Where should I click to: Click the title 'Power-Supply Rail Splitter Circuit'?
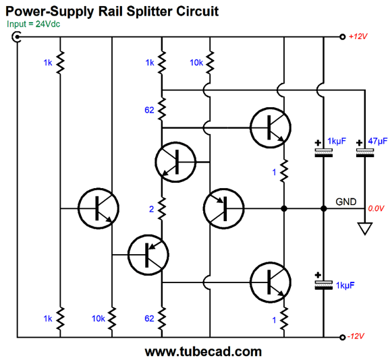click(x=112, y=11)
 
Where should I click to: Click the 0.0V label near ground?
click(x=376, y=209)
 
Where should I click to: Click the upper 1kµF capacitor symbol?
click(x=324, y=152)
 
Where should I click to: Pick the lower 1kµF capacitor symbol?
click(x=324, y=284)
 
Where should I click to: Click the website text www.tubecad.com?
click(x=202, y=351)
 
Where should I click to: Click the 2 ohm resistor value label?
click(x=151, y=210)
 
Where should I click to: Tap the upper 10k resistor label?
click(x=196, y=62)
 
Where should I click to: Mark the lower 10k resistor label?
click(x=99, y=318)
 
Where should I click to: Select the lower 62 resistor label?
click(x=150, y=318)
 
